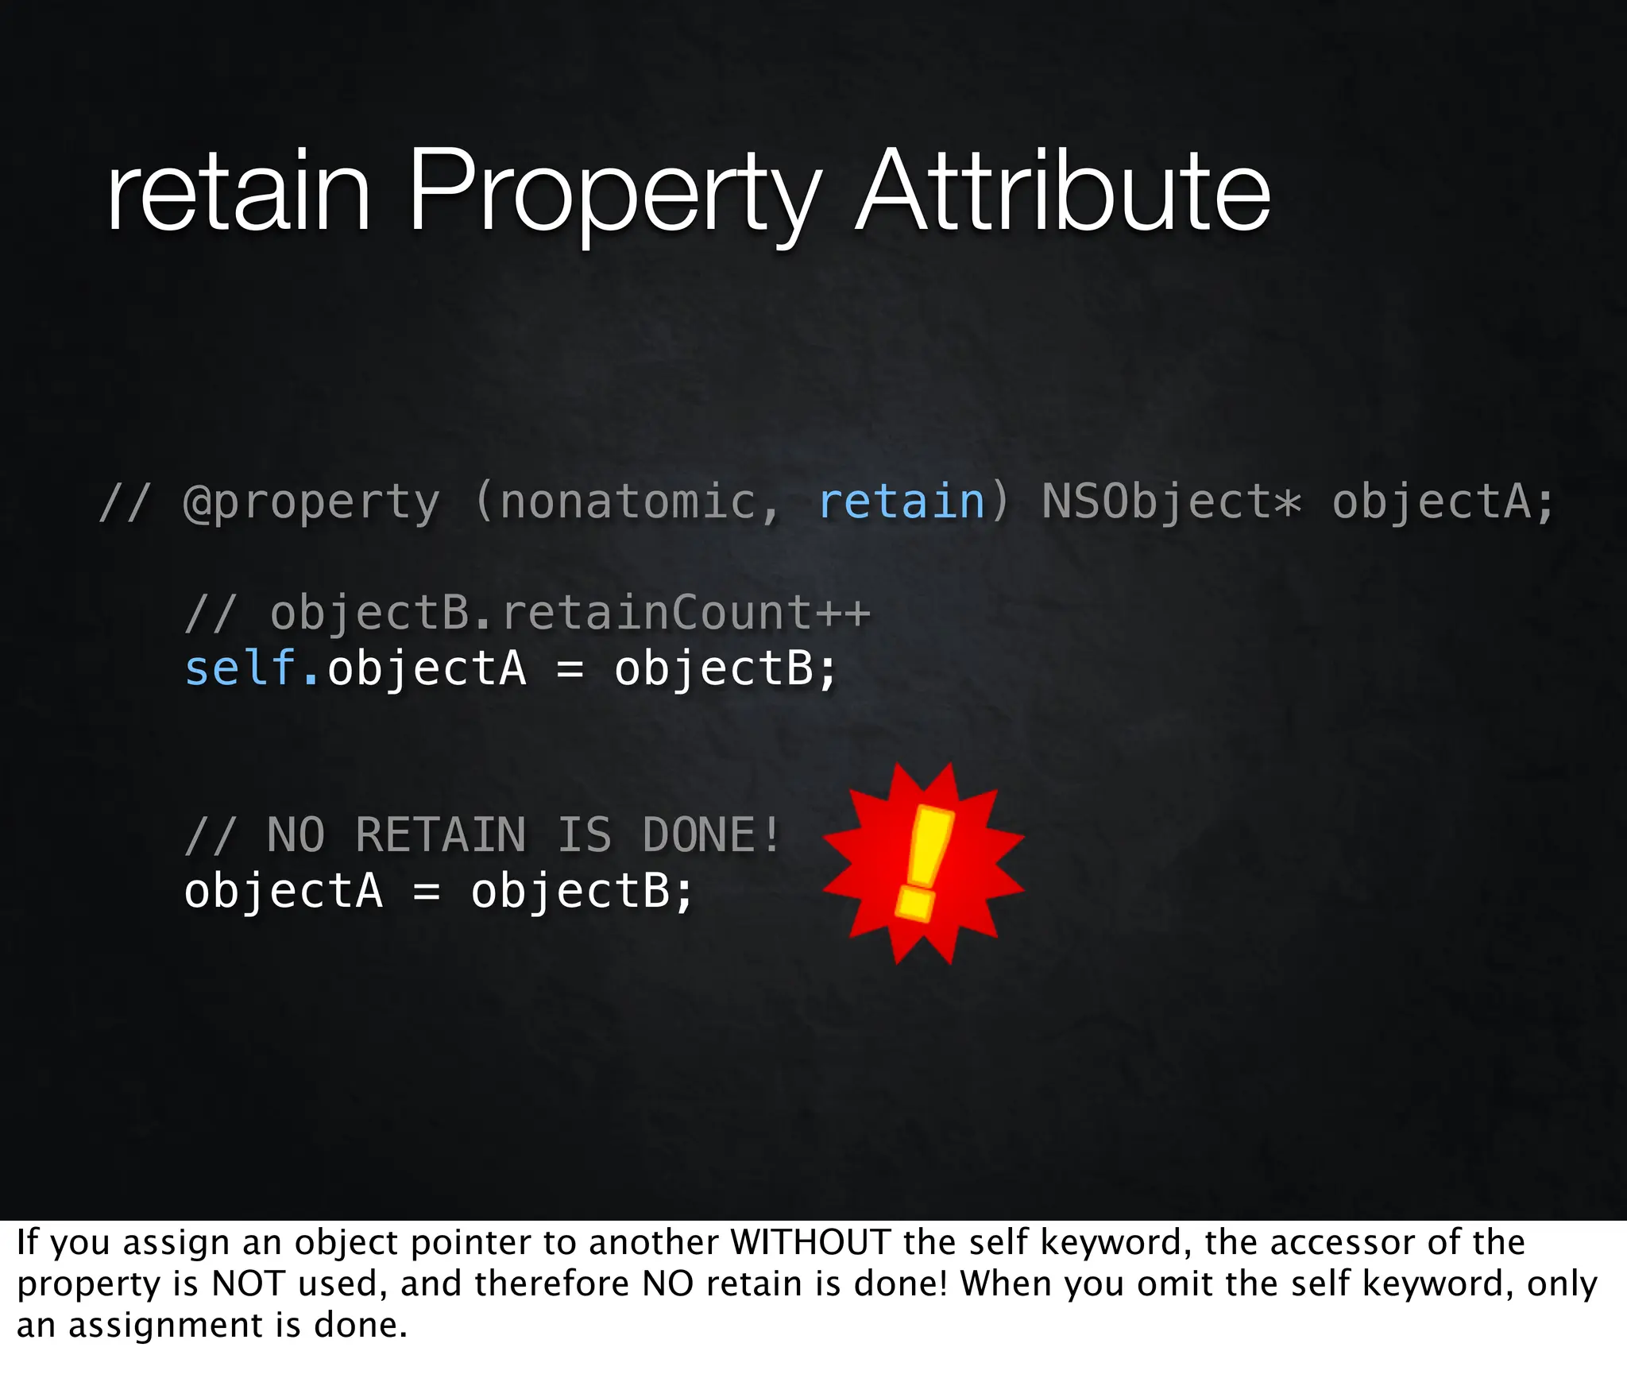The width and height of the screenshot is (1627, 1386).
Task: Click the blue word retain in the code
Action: coord(902,502)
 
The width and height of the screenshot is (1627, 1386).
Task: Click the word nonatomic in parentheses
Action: coord(628,502)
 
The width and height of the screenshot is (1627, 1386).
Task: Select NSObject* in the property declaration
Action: coord(1171,502)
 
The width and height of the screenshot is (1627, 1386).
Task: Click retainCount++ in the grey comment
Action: coord(686,613)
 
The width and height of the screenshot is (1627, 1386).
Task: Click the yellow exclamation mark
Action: coord(924,862)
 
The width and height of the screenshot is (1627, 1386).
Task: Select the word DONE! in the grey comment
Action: coord(712,835)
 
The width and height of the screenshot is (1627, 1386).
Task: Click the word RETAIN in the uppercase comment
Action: coord(441,835)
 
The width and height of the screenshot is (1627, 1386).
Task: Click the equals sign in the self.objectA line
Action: coord(570,669)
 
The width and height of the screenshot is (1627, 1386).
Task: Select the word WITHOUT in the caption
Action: coord(810,1243)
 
